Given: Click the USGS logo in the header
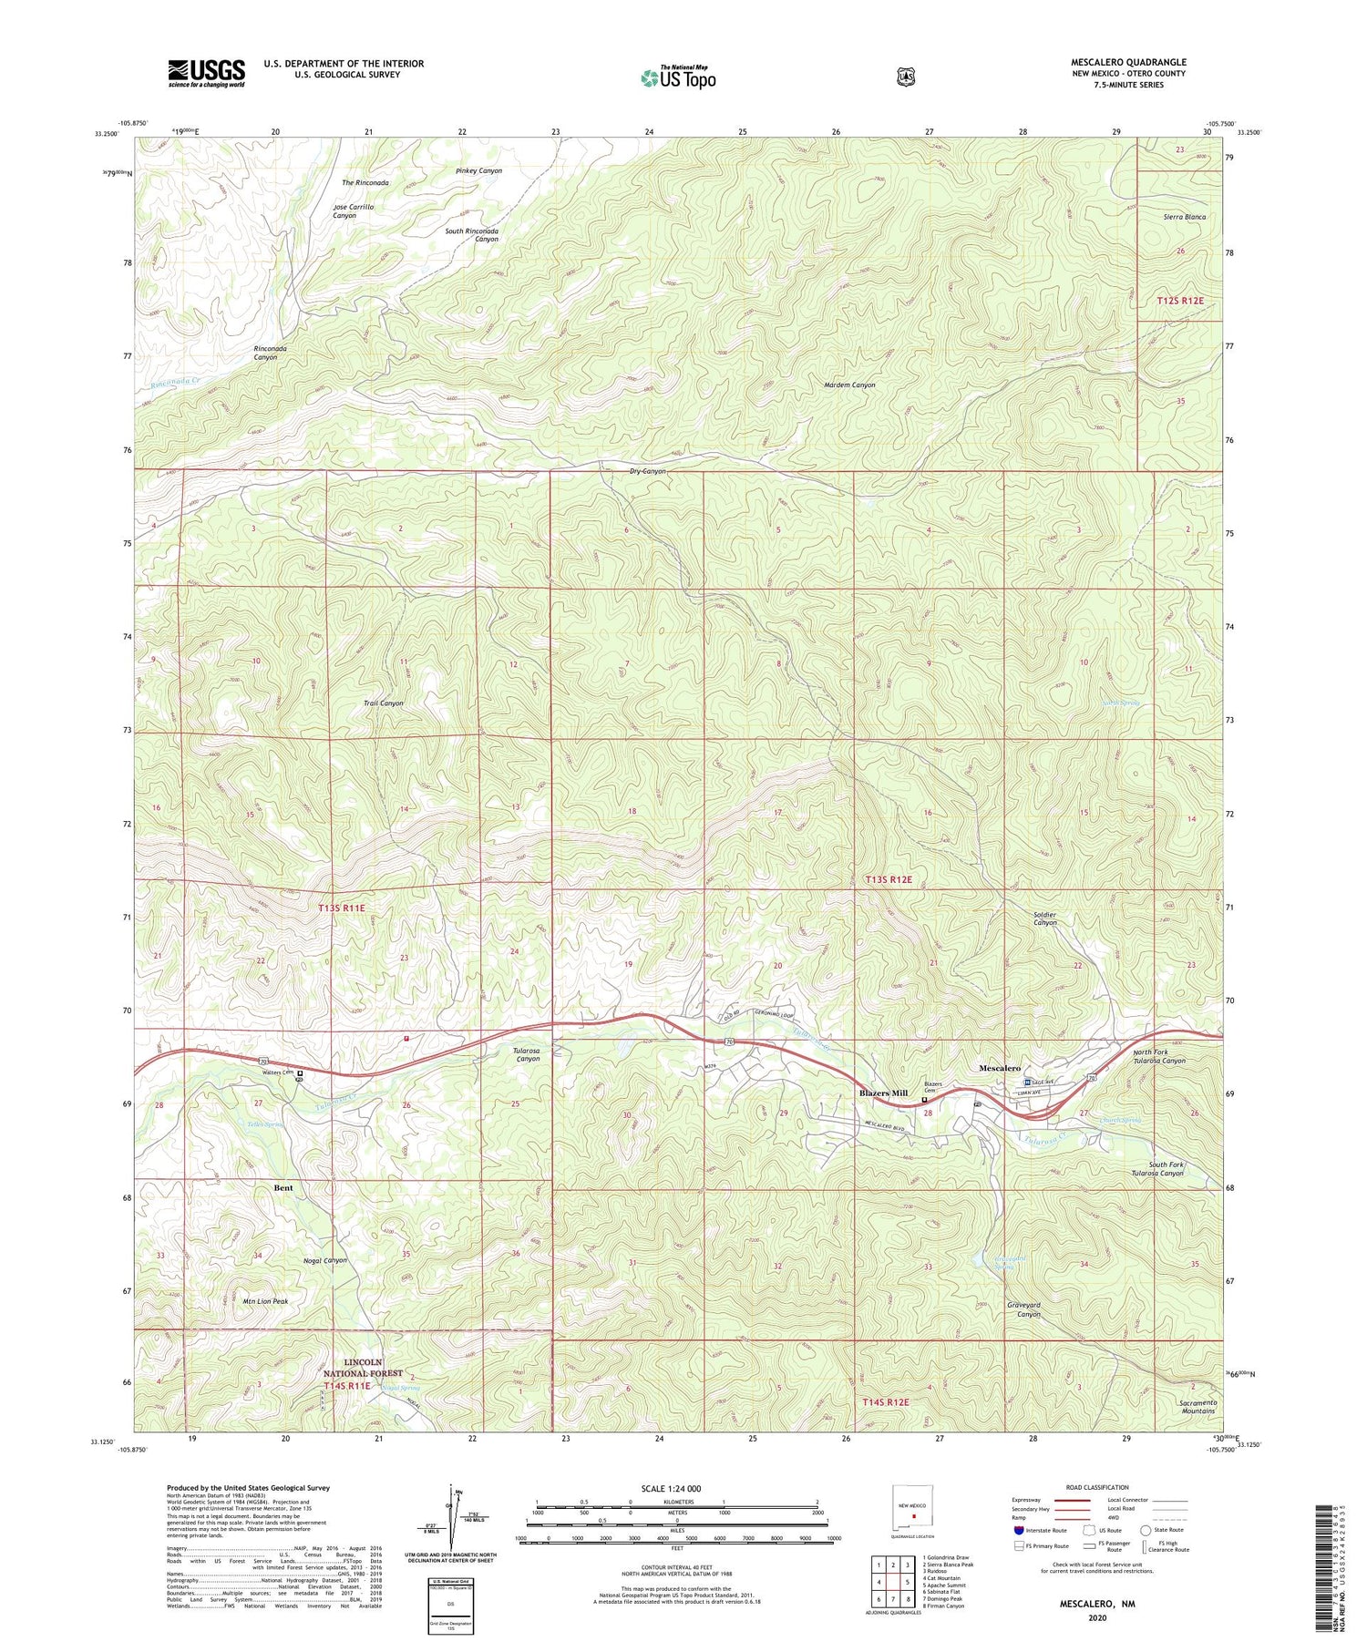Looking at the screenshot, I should click(x=206, y=73).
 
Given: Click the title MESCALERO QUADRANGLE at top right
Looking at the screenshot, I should click(x=1128, y=62).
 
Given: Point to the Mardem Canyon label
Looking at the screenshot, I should click(x=849, y=385).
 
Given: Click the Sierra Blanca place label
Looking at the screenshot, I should click(x=1185, y=218).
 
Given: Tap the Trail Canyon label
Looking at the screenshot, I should click(x=384, y=703).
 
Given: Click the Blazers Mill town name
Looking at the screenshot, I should click(x=883, y=1093).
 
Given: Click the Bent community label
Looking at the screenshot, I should click(x=283, y=1188).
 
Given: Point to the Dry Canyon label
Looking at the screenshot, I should click(x=647, y=472).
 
